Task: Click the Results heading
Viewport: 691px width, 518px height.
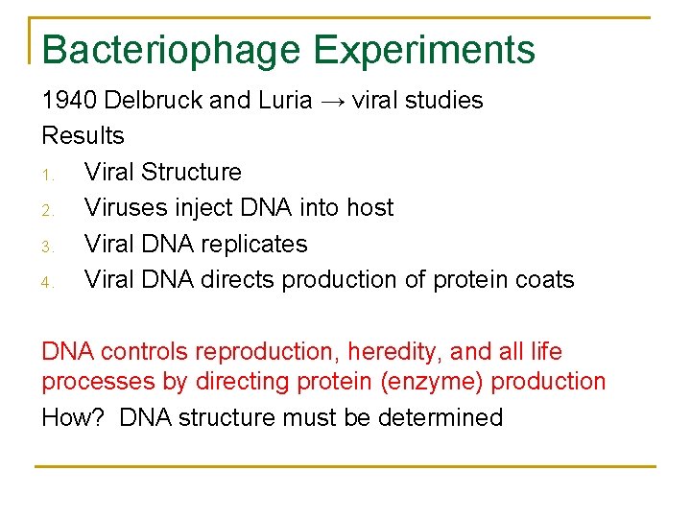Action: tap(83, 136)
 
